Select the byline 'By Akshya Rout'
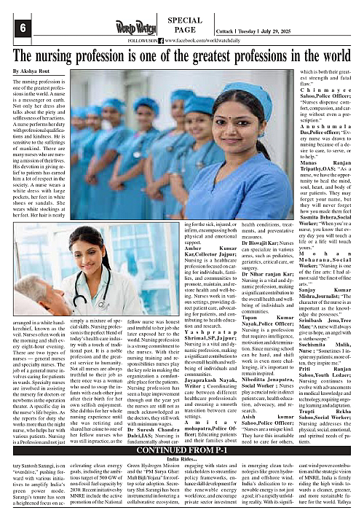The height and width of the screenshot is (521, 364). pos(36,71)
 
